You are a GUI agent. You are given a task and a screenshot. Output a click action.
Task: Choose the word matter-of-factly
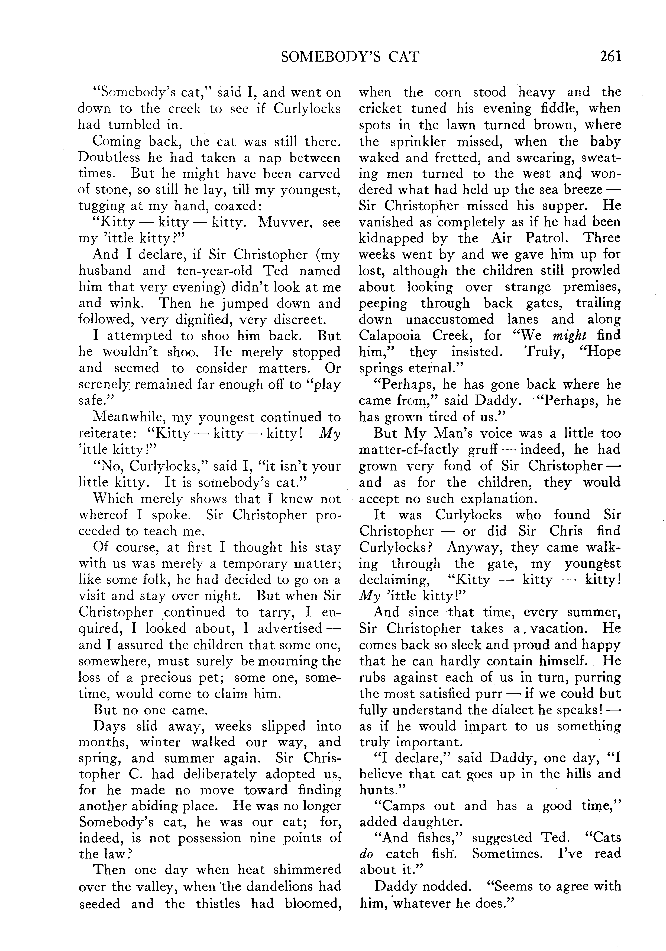point(408,450)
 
